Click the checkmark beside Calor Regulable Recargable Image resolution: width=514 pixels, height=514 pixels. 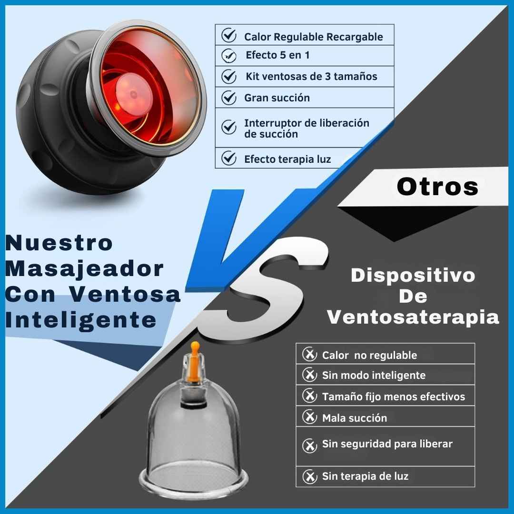[x=229, y=35]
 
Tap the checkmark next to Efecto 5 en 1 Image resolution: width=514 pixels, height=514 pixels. [x=229, y=56]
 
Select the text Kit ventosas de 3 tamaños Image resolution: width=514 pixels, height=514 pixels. [x=311, y=76]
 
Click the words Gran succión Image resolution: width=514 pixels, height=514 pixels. [x=277, y=98]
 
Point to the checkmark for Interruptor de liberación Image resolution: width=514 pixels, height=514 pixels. [x=229, y=127]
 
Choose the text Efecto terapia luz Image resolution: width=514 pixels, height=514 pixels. [x=287, y=159]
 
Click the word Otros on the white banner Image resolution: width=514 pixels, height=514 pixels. [x=437, y=187]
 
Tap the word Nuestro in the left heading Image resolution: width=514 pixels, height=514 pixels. [x=59, y=243]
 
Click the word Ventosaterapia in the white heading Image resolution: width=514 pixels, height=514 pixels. [x=413, y=317]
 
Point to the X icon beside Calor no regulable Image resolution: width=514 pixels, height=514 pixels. [x=309, y=354]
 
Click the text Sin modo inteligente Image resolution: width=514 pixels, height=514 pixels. [x=374, y=375]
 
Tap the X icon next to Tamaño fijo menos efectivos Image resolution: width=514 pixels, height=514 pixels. [x=309, y=395]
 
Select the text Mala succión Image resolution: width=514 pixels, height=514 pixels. [x=355, y=418]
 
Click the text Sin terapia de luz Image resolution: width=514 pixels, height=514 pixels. [x=365, y=476]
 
